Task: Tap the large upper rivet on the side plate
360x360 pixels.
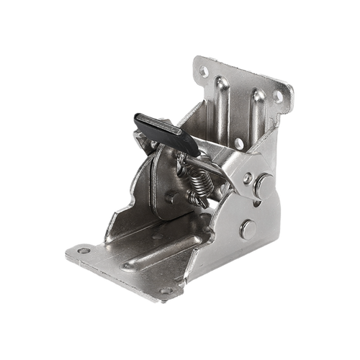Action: tap(248, 177)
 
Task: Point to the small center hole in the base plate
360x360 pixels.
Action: tap(130, 267)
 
